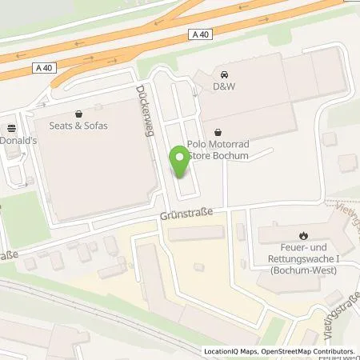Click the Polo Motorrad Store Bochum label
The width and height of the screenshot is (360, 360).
[220, 150]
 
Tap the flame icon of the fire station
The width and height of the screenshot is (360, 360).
[303, 235]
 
